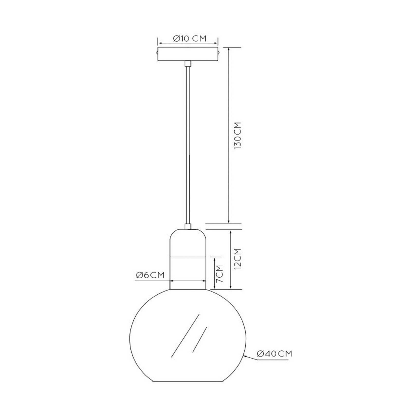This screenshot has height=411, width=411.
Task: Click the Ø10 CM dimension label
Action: click(190, 39)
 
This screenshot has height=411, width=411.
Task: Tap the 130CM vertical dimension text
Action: click(238, 136)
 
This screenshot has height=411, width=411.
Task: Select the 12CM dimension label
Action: click(238, 259)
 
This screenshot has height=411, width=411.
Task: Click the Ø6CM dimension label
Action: click(150, 275)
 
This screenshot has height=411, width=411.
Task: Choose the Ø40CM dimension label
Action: click(275, 354)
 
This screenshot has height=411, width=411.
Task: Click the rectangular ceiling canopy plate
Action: click(188, 54)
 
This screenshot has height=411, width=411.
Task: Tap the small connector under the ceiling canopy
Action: click(188, 63)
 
